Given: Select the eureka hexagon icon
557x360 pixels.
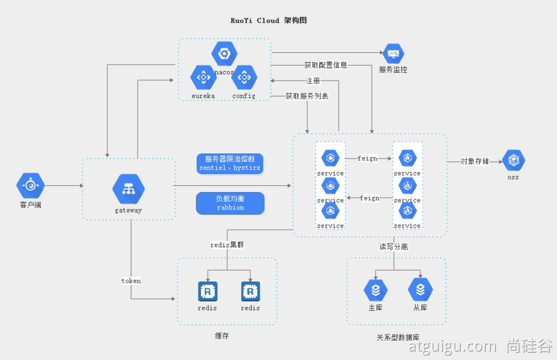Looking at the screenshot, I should tap(203, 77).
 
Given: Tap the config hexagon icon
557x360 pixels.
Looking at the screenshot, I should tap(244, 77).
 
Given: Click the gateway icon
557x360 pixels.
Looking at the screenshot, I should tap(128, 189).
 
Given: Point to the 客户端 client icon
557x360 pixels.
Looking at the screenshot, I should tap(30, 185).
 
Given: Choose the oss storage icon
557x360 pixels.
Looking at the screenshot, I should tap(513, 160).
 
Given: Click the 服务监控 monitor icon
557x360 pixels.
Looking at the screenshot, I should tap(393, 54).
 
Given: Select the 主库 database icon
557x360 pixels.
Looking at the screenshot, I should tap(375, 290).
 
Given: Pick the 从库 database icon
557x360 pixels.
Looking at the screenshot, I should tap(420, 290).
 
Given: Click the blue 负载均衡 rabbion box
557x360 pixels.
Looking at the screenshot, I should tap(230, 203).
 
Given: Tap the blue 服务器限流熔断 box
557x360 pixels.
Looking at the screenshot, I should tap(230, 164).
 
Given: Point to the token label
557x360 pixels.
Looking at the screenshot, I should tap(131, 281).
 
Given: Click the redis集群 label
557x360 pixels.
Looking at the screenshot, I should tap(227, 245).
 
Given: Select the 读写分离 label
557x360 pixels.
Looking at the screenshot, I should tap(394, 246).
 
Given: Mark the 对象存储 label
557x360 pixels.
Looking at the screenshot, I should tap(474, 161).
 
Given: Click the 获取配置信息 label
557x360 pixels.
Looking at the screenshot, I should tap(326, 65).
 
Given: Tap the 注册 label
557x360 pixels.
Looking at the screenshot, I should tap(313, 81).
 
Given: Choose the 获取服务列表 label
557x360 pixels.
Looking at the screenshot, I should tap(306, 96).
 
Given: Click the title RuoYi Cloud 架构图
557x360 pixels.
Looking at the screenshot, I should tap(269, 20).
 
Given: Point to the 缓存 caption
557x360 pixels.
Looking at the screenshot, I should tap(222, 336).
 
